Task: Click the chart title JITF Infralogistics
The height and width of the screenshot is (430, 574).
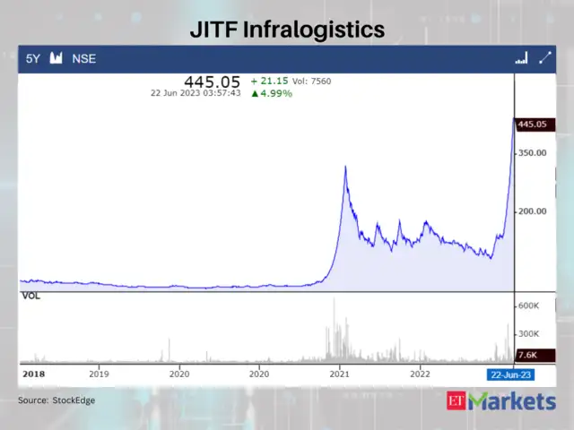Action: pos(287,30)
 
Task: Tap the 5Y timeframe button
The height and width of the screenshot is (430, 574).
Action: pos(33,58)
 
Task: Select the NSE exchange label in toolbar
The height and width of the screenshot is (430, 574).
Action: pos(84,58)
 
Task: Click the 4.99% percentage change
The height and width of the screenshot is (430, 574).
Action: pos(272,93)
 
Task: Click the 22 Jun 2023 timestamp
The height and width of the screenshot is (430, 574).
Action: pos(196,93)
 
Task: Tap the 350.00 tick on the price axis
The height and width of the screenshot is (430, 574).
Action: pos(532,153)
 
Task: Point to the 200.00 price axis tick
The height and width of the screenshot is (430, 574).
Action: pos(532,211)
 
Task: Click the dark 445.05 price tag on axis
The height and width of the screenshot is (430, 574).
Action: pos(534,125)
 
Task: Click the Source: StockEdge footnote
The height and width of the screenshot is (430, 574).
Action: pos(57,400)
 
